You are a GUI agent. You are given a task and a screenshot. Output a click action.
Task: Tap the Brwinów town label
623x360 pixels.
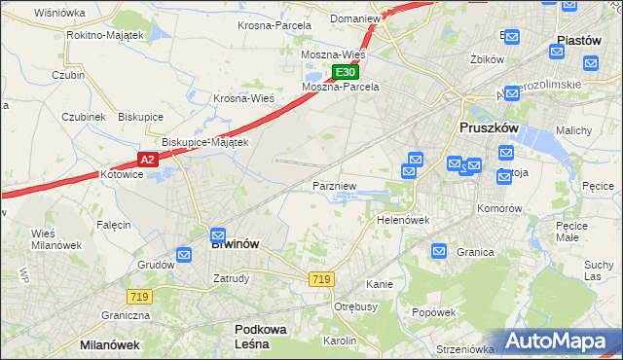[x=235, y=244]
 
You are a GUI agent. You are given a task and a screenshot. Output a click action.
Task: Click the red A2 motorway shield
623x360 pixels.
[x=147, y=160]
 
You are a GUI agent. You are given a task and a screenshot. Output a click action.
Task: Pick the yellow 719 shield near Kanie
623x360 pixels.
[x=321, y=279]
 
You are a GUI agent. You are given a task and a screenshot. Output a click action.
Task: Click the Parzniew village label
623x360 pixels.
[x=335, y=185]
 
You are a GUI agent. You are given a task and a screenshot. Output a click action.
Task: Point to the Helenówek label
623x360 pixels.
[x=403, y=220]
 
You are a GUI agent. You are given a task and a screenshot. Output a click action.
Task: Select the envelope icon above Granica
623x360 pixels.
[x=439, y=251]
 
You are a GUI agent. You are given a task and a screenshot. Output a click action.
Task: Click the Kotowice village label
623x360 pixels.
[x=122, y=175]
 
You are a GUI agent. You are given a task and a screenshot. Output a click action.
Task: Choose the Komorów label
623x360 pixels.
[x=499, y=208]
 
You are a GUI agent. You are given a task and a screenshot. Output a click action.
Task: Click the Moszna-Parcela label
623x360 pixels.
[x=340, y=87]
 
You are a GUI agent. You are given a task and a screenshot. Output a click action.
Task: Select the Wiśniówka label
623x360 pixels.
[x=59, y=13]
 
